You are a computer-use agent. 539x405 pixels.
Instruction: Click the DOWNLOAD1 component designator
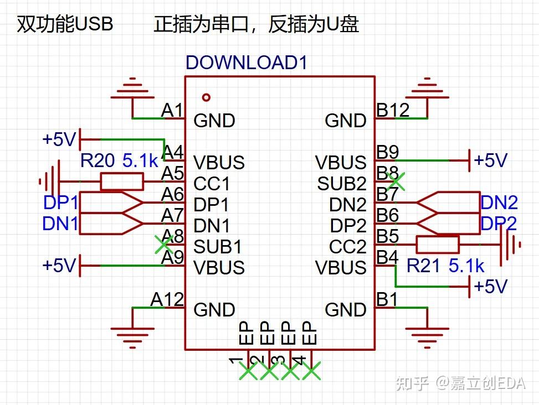247,62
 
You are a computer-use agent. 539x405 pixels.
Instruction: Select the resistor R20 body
122,181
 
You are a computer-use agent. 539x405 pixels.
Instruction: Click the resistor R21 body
438,244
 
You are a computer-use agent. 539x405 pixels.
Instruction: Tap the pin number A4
172,152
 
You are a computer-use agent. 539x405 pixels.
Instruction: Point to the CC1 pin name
212,183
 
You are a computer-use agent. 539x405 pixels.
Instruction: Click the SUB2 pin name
342,183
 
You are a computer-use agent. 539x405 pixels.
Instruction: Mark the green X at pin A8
162,243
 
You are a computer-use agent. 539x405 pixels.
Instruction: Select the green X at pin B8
395,179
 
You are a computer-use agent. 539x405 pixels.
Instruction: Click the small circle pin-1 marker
207,97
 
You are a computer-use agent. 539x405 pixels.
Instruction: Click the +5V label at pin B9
490,160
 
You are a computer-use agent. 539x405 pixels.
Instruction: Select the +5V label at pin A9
59,266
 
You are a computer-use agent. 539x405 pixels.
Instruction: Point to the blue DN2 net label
499,202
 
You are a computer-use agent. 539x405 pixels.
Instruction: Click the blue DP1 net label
61,203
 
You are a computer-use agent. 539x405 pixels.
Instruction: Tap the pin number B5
387,236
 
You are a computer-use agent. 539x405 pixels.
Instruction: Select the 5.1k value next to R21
466,266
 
